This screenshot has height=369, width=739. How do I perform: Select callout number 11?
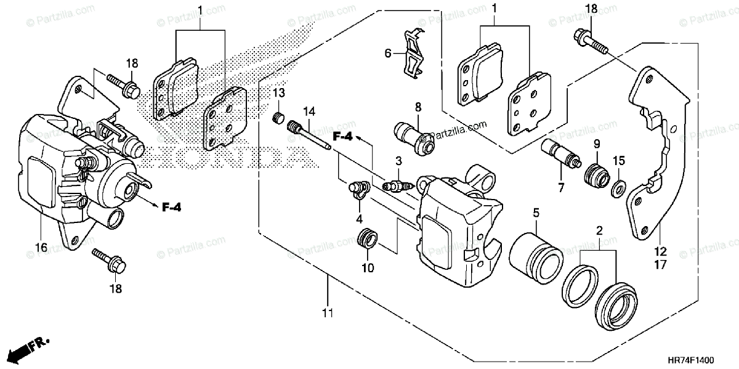[327, 313]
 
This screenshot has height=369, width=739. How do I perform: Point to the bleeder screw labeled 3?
[397, 184]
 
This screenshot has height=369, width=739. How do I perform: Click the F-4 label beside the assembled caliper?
[172, 207]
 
